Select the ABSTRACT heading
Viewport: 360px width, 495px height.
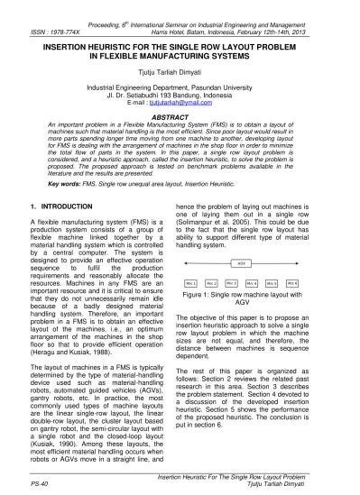[x=180, y=117]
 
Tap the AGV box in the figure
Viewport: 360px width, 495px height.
[x=242, y=263]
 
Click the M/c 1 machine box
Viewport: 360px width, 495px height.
[x=190, y=282]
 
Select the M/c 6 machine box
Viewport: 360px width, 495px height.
[x=292, y=282]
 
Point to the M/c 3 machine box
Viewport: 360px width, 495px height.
[x=231, y=282]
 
